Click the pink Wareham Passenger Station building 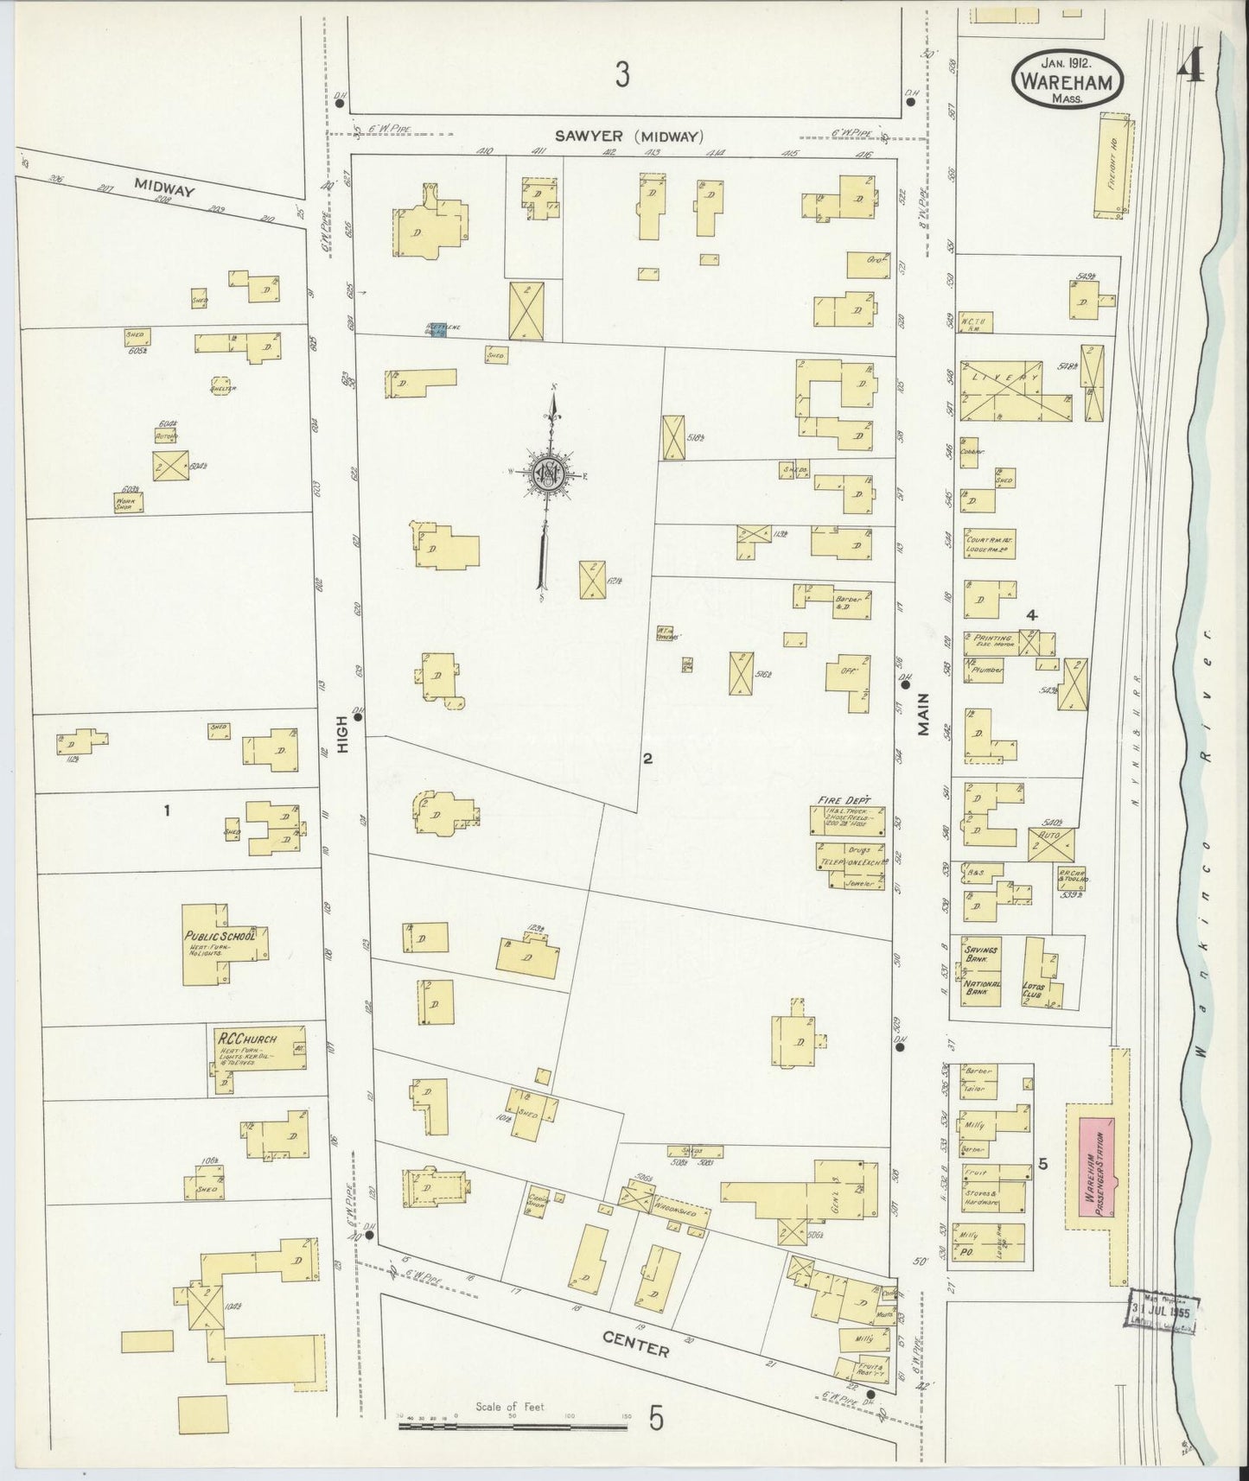(1096, 1164)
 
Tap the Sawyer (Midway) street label (628, 136)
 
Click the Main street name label (923, 714)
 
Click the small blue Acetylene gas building (438, 329)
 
